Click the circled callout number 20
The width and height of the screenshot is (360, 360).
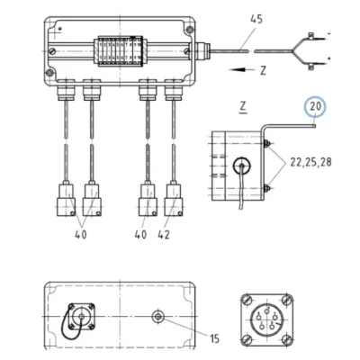tap(315, 107)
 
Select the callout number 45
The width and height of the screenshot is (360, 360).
tap(256, 19)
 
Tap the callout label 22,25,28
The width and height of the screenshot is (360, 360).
tap(310, 162)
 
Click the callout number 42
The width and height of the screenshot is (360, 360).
tap(164, 235)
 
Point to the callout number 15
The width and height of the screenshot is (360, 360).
tap(215, 338)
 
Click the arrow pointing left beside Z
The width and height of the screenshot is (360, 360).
tap(241, 70)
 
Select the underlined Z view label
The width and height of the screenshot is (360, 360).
tap(243, 107)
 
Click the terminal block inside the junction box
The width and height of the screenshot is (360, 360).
tap(120, 51)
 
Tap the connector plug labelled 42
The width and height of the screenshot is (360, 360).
tap(174, 199)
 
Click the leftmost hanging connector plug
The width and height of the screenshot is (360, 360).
tap(66, 199)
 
